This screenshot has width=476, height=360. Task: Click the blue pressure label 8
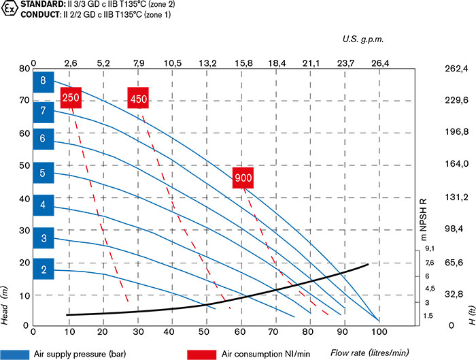(x=43, y=81)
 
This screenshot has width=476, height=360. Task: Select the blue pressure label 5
(x=43, y=174)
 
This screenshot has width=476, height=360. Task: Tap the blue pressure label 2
(x=43, y=269)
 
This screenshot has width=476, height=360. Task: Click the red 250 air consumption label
(x=71, y=99)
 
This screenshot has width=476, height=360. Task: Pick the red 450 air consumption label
(x=138, y=99)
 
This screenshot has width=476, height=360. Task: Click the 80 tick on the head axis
(x=25, y=69)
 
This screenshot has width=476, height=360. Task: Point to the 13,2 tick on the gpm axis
(x=208, y=63)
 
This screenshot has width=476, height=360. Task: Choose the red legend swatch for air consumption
(x=203, y=354)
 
